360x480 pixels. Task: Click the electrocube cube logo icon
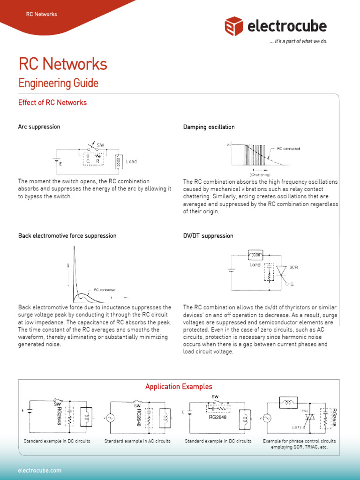[233, 26]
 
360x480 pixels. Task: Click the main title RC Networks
[63, 64]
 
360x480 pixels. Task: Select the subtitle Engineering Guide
[58, 83]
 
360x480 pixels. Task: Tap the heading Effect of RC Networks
[52, 103]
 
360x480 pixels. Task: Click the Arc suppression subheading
[39, 127]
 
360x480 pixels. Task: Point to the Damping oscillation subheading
[209, 127]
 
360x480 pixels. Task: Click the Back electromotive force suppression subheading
[67, 235]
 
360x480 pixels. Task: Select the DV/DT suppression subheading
[208, 236]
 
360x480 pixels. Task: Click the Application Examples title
[179, 387]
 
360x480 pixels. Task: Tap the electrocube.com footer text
[39, 470]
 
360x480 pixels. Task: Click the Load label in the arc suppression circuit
[131, 162]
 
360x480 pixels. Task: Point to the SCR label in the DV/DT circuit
[293, 267]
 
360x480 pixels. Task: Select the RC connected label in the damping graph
[288, 149]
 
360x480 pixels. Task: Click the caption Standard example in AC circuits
[137, 441]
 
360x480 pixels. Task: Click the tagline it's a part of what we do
[298, 41]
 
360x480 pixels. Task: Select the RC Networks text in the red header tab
[41, 14]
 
